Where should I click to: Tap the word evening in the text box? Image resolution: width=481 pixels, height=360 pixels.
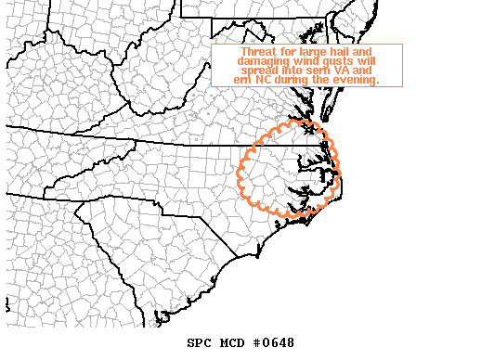point(358,82)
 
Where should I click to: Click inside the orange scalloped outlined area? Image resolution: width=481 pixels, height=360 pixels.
point(283,167)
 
